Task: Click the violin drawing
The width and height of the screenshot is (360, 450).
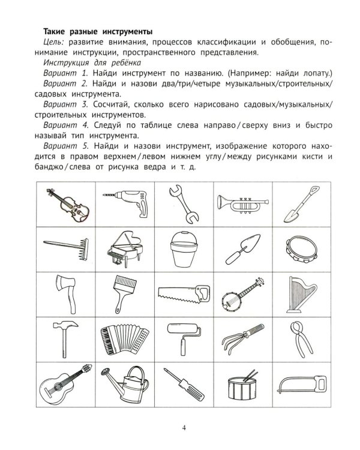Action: (x=68, y=203)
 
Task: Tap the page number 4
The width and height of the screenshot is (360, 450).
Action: (x=184, y=428)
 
